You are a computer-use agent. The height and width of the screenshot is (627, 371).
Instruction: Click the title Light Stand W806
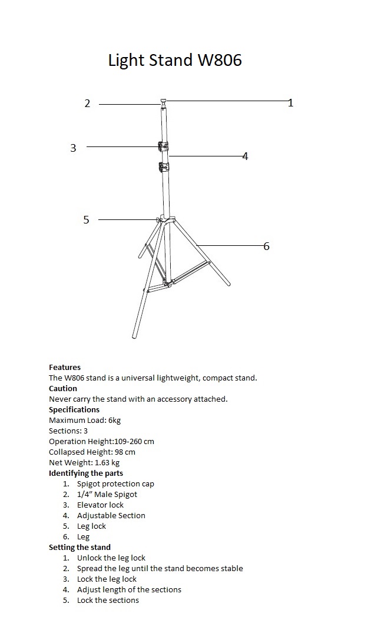(x=175, y=60)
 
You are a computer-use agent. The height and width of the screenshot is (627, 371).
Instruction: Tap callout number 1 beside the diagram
(x=290, y=103)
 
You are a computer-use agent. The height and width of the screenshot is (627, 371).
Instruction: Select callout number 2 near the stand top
(x=87, y=104)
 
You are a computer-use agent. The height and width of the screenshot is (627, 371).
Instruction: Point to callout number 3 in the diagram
(x=73, y=148)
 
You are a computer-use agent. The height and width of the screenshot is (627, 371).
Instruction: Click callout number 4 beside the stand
(x=245, y=156)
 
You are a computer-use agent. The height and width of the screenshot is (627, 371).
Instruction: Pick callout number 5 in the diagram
(x=86, y=220)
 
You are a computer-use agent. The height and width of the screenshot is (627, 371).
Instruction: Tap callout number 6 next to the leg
(x=266, y=246)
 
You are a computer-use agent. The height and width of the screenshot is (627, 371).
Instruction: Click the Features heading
(x=65, y=367)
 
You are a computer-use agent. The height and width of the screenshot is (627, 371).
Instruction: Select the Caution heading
(x=63, y=388)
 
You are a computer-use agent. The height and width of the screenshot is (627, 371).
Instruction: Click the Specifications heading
(x=74, y=409)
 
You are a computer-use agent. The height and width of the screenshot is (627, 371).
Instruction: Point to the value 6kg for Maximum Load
(x=115, y=420)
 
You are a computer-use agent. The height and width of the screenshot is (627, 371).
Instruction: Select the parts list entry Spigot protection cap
(x=115, y=483)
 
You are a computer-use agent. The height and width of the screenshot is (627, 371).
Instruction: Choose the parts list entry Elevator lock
(x=100, y=505)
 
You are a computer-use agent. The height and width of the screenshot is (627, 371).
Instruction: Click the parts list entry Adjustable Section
(x=111, y=515)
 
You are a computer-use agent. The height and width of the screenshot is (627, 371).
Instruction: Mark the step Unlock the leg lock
(x=111, y=558)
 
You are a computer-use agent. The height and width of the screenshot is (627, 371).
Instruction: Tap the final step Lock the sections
(x=108, y=600)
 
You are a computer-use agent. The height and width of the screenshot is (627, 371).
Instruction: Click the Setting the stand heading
(x=79, y=547)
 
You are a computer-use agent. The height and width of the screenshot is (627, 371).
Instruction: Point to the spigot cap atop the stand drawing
(x=163, y=101)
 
